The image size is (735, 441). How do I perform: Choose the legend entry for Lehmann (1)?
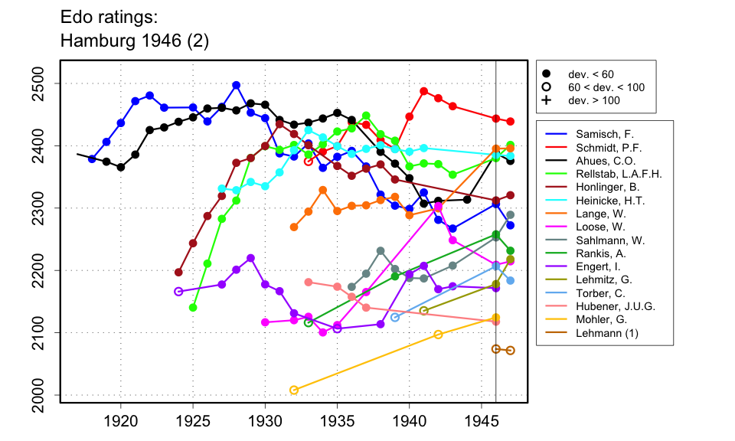(598, 333)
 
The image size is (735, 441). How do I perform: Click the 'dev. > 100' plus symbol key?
(547, 100)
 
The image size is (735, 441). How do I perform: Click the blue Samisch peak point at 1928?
(237, 85)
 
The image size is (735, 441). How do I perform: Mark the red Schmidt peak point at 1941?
(424, 91)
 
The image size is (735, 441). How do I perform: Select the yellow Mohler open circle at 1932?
(294, 390)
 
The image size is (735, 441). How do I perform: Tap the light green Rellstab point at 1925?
(193, 308)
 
